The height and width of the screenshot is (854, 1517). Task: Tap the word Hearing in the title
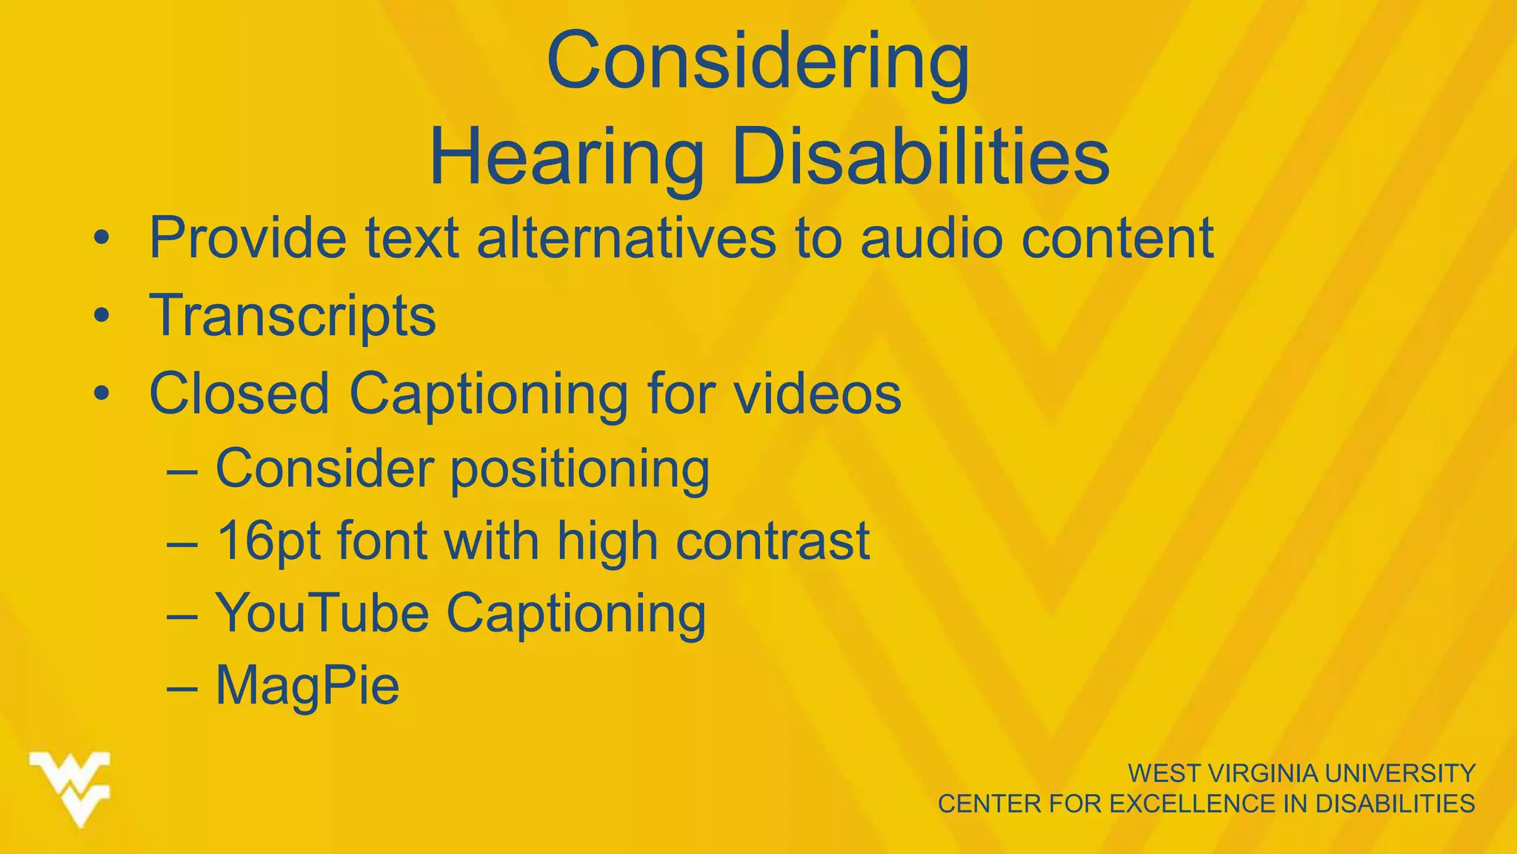click(x=567, y=158)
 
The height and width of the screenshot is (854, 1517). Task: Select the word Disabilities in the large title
click(x=921, y=158)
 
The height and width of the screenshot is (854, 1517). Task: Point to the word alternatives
click(x=626, y=238)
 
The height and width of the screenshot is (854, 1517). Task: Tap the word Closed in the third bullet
click(x=239, y=393)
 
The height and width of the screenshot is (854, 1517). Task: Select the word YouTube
click(x=322, y=613)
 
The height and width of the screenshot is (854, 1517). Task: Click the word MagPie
click(x=307, y=686)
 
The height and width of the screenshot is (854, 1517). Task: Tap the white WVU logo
click(x=70, y=788)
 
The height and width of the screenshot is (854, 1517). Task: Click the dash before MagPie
click(x=182, y=688)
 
